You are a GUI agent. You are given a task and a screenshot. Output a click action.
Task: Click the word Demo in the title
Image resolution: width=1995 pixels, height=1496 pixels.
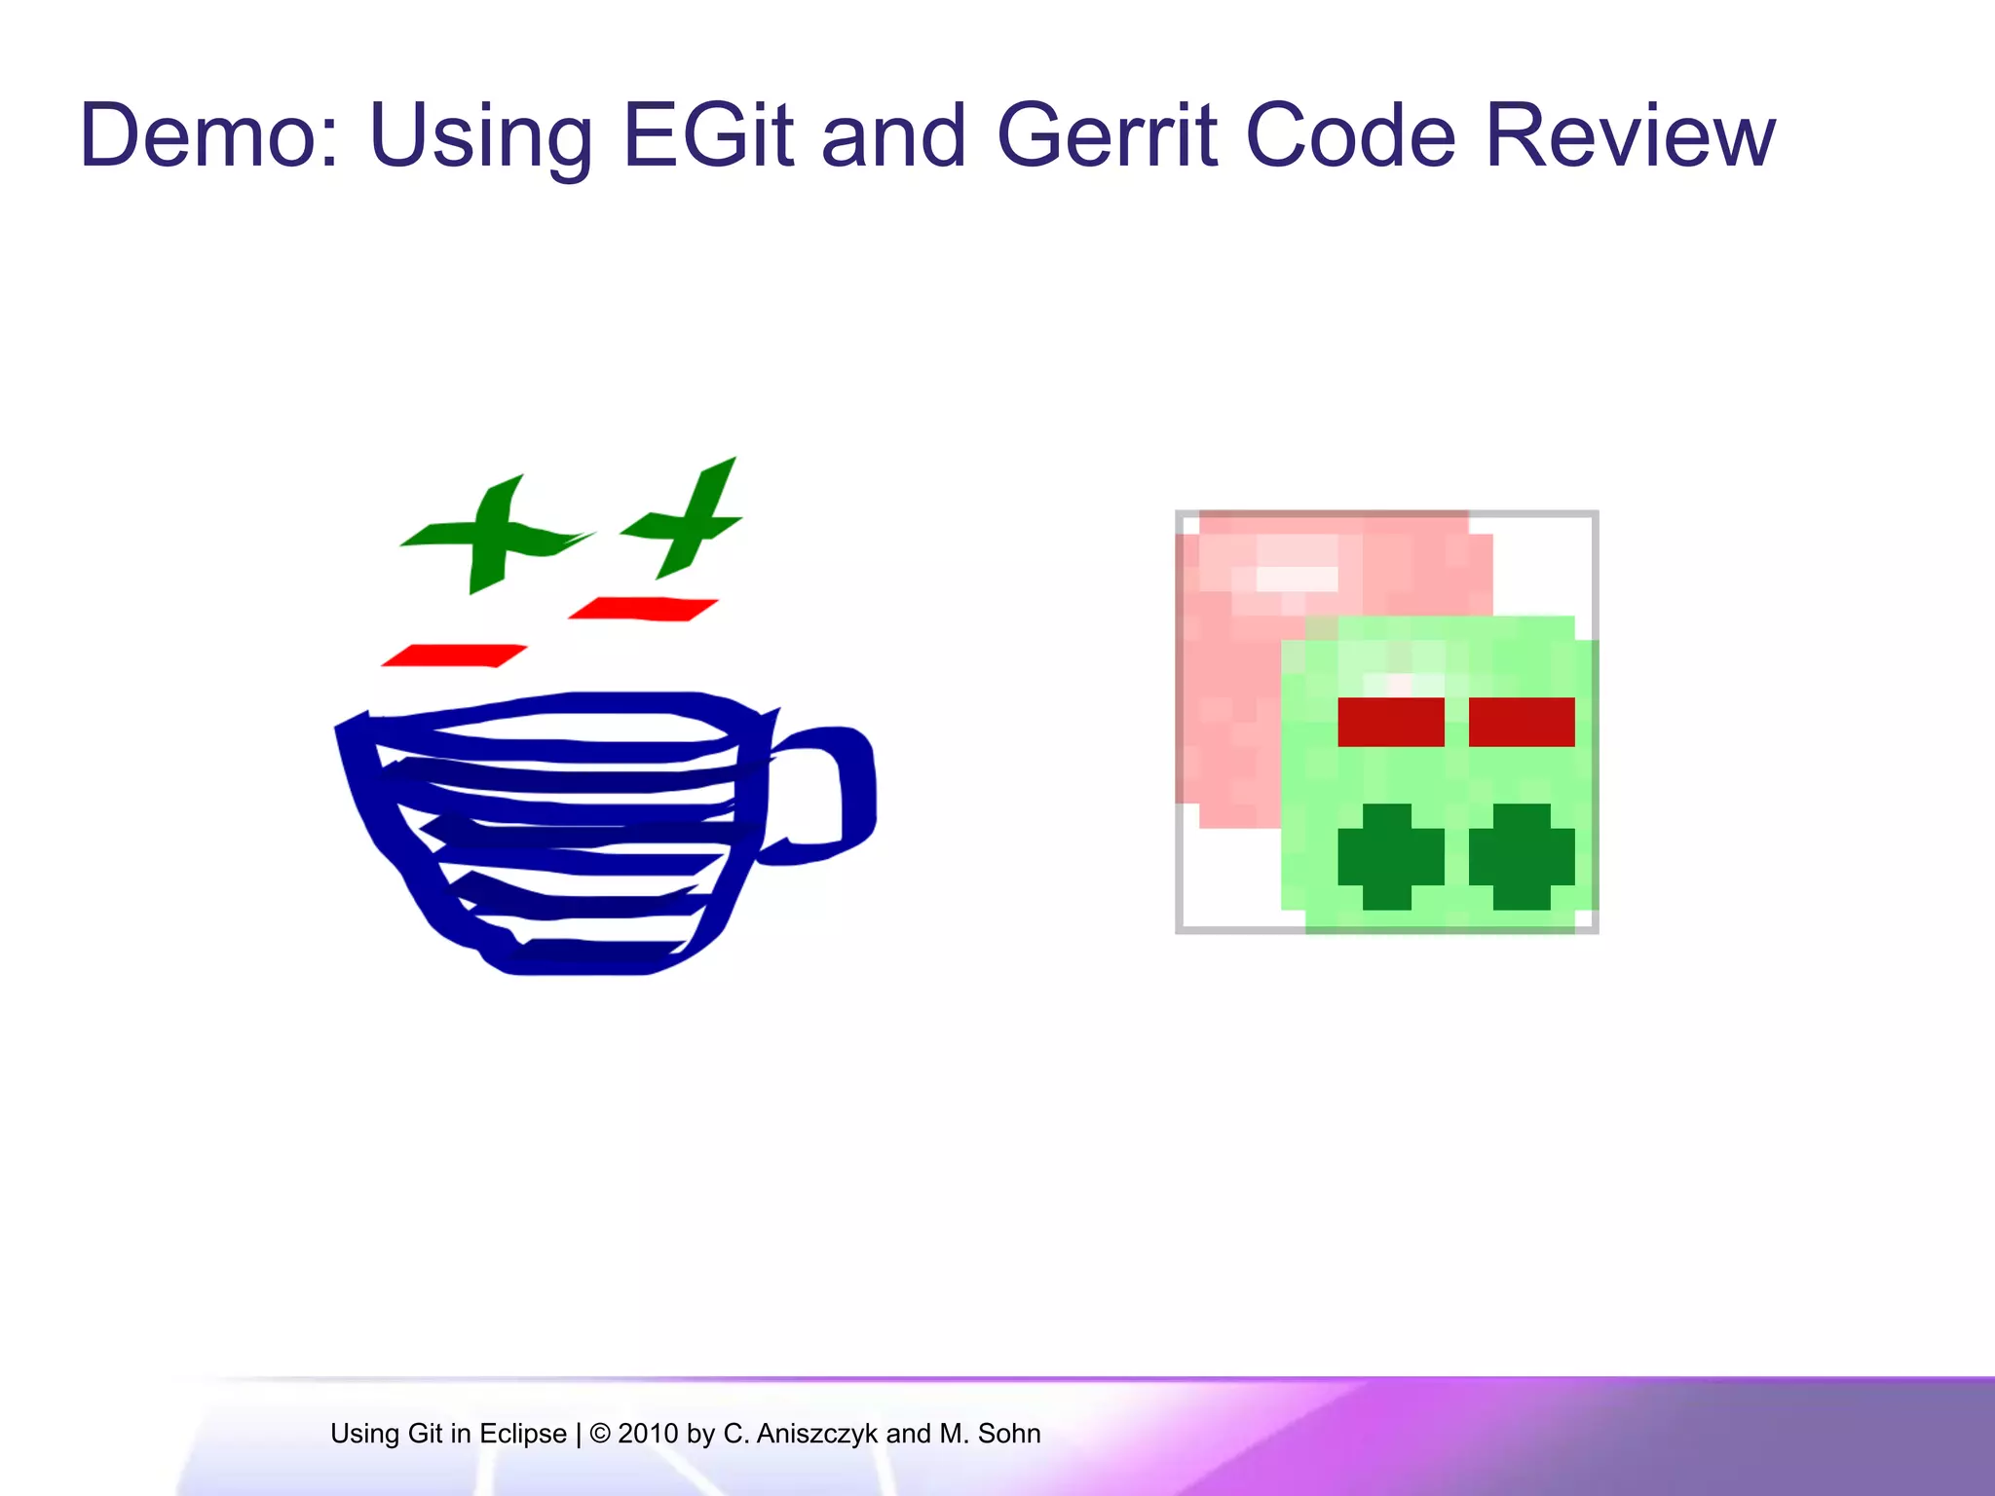point(208,136)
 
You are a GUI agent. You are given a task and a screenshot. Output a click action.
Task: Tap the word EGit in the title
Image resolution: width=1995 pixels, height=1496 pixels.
point(707,136)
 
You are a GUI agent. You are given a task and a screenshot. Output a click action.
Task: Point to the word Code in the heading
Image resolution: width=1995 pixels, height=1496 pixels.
point(1350,136)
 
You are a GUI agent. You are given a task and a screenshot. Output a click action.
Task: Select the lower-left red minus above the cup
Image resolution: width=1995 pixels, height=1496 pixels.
point(454,655)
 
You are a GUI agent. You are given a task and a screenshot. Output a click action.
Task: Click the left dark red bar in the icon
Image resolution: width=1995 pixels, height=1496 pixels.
point(1390,722)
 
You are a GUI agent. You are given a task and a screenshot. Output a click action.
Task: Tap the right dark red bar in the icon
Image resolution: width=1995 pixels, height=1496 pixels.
point(1521,722)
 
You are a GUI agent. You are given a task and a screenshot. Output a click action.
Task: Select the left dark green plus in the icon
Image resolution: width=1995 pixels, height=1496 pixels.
point(1389,856)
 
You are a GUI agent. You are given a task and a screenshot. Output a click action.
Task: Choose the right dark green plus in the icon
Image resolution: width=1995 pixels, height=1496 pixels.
point(1521,856)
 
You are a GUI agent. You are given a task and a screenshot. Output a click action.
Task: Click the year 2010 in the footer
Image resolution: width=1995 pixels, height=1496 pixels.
point(648,1434)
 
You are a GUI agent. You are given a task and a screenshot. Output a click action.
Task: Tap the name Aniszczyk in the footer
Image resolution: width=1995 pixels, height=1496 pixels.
point(817,1434)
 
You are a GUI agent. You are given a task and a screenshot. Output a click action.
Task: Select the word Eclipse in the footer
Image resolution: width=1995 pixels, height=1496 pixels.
point(523,1434)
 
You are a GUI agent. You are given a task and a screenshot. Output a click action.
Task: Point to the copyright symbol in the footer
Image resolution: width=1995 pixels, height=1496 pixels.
point(600,1434)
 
